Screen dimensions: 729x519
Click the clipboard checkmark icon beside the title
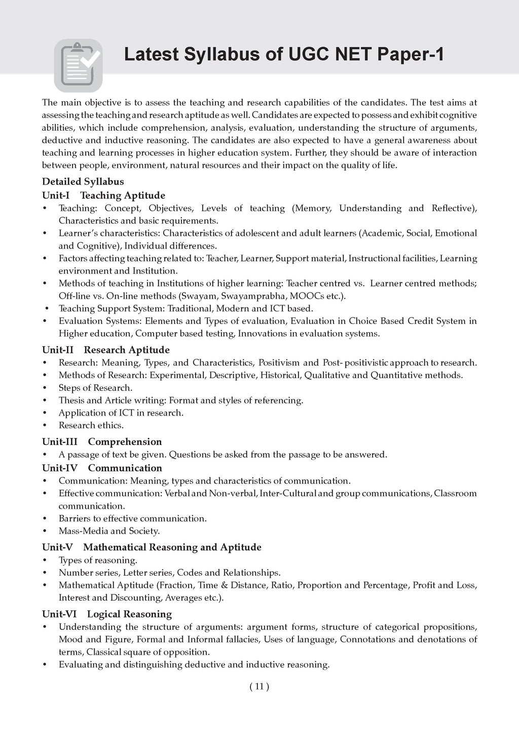click(78, 66)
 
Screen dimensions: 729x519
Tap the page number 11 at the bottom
click(259, 686)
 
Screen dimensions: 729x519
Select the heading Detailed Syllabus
click(83, 182)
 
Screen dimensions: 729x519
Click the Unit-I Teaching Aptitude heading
click(103, 195)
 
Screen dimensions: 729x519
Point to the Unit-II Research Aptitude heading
click(105, 350)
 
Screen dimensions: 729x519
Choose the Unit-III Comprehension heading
click(102, 441)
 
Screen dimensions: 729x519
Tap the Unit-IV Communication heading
click(102, 468)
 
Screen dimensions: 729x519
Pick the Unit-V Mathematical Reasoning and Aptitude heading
click(152, 547)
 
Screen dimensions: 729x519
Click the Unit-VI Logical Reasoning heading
click(107, 614)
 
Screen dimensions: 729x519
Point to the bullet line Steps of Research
click(95, 388)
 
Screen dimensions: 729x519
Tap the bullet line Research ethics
click(91, 425)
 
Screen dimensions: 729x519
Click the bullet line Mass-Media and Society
click(109, 531)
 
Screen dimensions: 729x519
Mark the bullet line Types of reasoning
click(98, 560)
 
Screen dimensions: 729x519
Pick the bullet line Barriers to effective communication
click(132, 518)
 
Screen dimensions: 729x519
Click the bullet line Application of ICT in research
click(121, 413)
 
